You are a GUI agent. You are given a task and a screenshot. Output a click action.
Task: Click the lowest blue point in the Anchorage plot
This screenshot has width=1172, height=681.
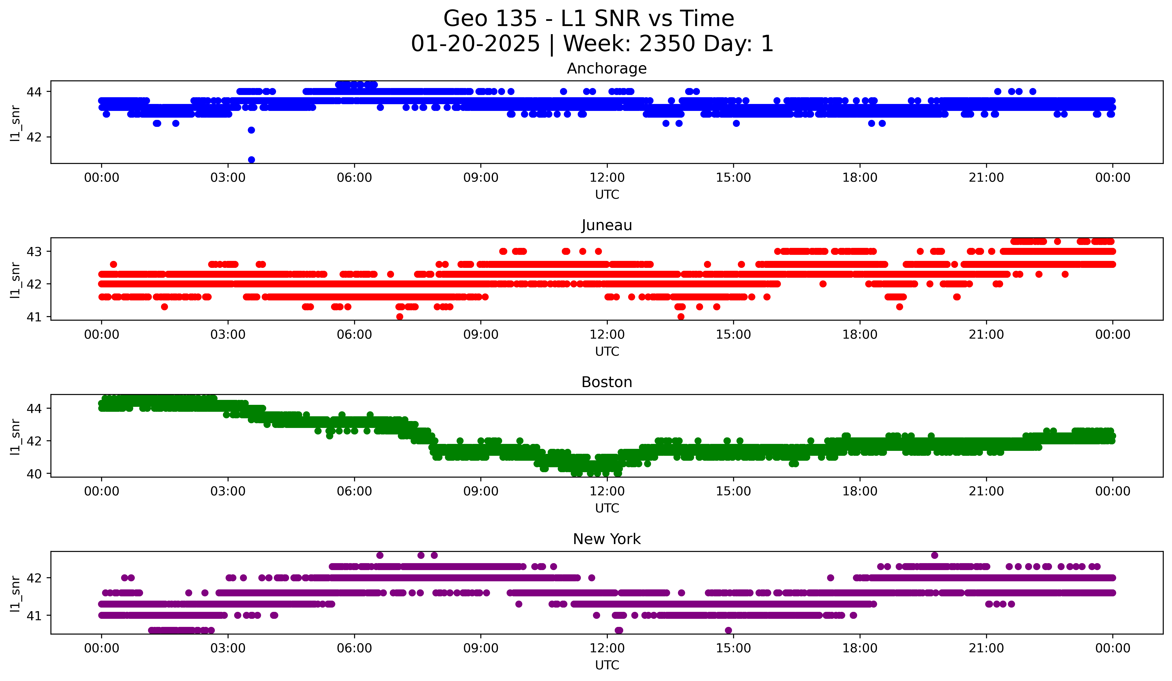click(251, 160)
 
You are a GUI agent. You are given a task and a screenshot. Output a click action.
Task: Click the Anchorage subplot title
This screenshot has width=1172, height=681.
click(606, 68)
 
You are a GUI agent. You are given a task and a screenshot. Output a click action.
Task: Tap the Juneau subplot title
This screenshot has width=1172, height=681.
click(606, 225)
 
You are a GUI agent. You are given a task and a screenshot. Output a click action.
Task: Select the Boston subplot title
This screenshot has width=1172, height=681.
click(606, 382)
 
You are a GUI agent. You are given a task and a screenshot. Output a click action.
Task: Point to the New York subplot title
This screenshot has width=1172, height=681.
click(606, 539)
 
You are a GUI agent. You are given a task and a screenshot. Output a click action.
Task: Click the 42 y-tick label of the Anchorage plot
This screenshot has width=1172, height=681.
click(34, 137)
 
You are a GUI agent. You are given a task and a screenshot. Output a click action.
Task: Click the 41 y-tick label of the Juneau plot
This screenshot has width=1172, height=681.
click(34, 317)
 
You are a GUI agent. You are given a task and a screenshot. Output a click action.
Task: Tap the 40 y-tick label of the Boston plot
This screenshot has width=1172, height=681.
click(34, 474)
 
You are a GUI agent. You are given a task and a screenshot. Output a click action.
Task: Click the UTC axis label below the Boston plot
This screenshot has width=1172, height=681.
click(607, 508)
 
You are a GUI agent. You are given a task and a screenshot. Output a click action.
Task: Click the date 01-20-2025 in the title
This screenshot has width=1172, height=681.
click(475, 44)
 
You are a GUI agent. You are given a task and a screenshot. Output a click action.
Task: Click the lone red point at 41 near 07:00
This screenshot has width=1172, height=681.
click(399, 317)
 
